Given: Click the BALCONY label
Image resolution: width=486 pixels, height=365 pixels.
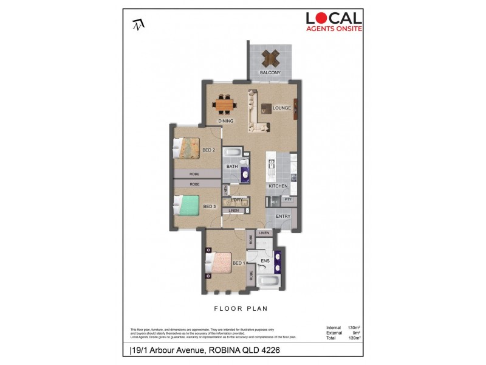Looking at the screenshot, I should click(270, 73).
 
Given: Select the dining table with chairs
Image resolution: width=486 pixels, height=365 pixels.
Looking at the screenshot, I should click(225, 105).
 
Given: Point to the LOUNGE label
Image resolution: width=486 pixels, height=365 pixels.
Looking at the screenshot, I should click(282, 108).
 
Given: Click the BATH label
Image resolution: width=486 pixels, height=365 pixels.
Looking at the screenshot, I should click(232, 166).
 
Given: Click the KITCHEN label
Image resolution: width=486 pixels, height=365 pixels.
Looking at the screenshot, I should click(278, 186).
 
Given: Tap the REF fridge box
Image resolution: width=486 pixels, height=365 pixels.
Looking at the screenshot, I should click(274, 201).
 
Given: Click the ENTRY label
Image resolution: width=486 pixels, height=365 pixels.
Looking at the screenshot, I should click(283, 217).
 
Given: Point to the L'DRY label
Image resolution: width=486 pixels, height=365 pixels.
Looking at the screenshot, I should click(237, 200).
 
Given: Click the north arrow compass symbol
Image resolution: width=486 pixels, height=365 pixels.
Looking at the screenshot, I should click(139, 25).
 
